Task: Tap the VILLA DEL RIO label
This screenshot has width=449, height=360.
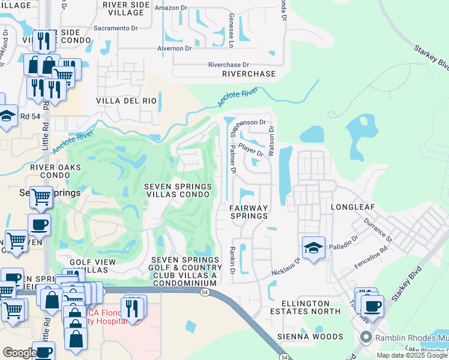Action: [x=127, y=101]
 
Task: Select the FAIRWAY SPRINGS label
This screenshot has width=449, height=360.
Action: [x=249, y=212]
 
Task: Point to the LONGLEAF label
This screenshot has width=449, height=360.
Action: [x=352, y=207]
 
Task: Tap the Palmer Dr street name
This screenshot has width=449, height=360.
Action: [x=234, y=162]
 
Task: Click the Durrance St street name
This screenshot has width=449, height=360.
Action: [x=376, y=230]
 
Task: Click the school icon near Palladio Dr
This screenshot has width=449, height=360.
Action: [x=313, y=248]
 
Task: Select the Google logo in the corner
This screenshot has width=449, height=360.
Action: [x=19, y=353]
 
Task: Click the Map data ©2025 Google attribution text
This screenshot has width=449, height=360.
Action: [x=412, y=355]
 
